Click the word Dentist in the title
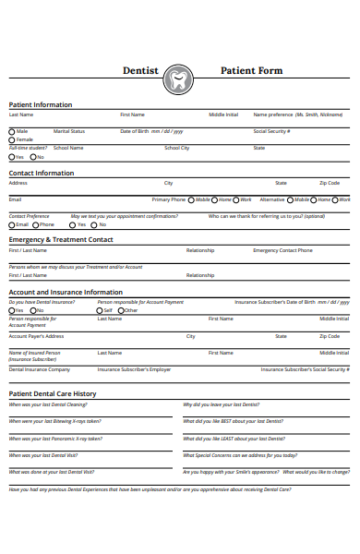(141, 71)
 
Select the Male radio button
(12, 131)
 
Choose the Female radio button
(12, 139)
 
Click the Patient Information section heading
(41, 104)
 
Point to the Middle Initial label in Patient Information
(222, 114)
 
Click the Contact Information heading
(42, 173)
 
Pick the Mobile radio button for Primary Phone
(191, 199)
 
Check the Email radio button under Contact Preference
(12, 224)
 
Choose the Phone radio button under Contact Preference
(35, 224)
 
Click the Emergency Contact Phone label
(282, 250)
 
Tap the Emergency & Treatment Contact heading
(61, 239)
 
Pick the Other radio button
(122, 310)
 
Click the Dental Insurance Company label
(39, 369)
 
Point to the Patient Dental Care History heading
(53, 393)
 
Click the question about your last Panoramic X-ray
(55, 438)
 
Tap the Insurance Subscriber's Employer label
(134, 369)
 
